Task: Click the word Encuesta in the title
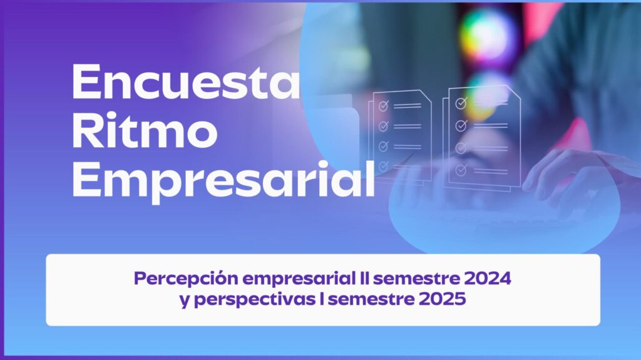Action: (x=186, y=82)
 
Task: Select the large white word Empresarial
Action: (x=223, y=180)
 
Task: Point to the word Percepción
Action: (x=186, y=279)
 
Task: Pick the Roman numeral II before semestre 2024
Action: (x=364, y=278)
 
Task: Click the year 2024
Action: (x=488, y=278)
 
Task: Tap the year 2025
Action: (x=443, y=299)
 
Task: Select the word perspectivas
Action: (x=254, y=300)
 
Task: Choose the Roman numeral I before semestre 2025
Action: (x=322, y=299)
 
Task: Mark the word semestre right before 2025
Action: (x=371, y=299)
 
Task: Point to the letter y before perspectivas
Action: (x=185, y=301)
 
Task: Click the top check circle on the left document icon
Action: (x=383, y=106)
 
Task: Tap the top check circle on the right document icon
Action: (x=461, y=103)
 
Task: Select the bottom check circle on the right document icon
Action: (x=461, y=170)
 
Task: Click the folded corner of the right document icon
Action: (x=515, y=93)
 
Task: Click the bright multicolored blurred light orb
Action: (x=486, y=35)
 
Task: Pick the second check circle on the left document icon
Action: (x=383, y=126)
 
